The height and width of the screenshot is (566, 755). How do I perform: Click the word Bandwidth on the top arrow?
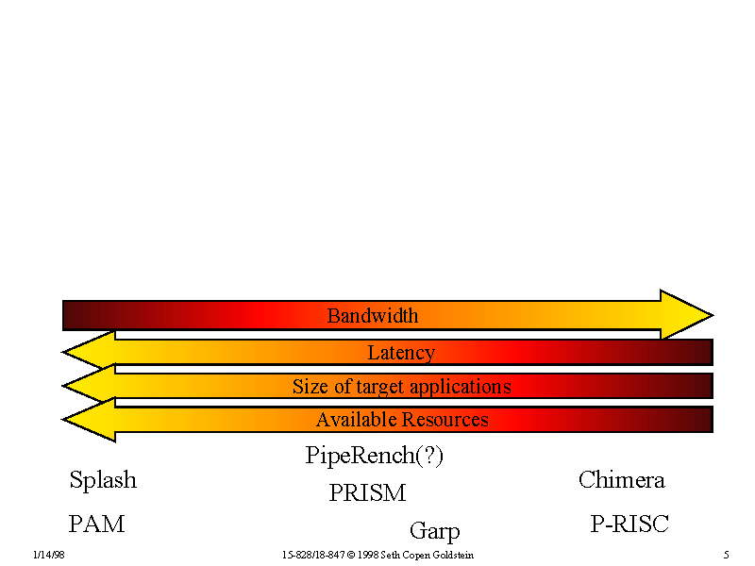[x=372, y=316]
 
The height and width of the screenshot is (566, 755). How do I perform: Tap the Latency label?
[x=401, y=353]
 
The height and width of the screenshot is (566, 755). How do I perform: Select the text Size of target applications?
[x=401, y=387]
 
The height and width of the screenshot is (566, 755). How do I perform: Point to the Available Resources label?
[x=402, y=420]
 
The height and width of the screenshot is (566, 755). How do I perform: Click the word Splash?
[x=103, y=480]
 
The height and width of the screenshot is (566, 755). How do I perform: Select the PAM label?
[x=96, y=524]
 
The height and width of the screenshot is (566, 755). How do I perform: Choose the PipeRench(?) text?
[x=375, y=457]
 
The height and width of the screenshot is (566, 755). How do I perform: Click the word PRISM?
[x=367, y=493]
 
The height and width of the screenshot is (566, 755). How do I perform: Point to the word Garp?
[x=434, y=531]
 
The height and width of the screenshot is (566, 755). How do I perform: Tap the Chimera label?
[x=621, y=480]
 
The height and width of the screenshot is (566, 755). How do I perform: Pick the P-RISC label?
[x=629, y=524]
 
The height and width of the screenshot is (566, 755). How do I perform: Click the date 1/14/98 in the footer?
[x=47, y=556]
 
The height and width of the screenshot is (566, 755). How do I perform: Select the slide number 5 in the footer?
[x=726, y=556]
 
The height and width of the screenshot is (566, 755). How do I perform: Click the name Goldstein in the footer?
[x=452, y=556]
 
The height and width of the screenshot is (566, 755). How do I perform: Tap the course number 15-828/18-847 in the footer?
[x=312, y=556]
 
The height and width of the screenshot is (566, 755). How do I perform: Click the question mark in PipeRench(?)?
[x=429, y=457]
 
